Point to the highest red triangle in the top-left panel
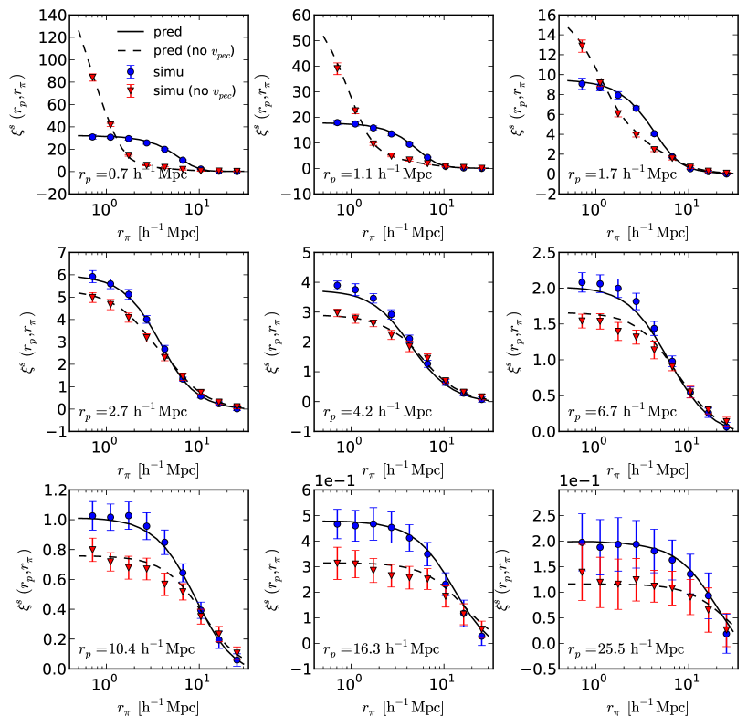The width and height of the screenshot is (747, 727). (x=92, y=78)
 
